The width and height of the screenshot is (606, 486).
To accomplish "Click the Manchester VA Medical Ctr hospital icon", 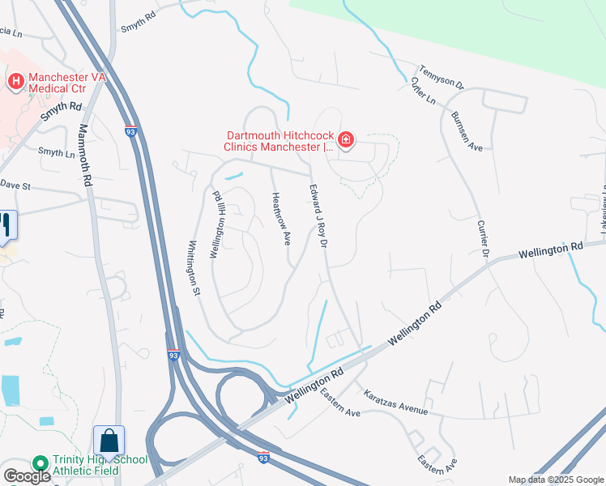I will point(15,81).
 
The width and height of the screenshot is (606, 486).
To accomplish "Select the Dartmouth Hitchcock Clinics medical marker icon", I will point(346,140).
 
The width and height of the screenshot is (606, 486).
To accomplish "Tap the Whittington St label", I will point(194,268).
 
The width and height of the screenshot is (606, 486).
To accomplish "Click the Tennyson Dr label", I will point(442,77).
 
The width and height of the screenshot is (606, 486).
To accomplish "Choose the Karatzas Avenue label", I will point(395,407).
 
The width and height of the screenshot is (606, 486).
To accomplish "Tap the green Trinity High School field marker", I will point(40,463).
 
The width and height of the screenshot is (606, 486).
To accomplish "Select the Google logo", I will point(27,476).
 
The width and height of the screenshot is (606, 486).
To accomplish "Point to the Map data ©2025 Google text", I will point(555,480).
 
